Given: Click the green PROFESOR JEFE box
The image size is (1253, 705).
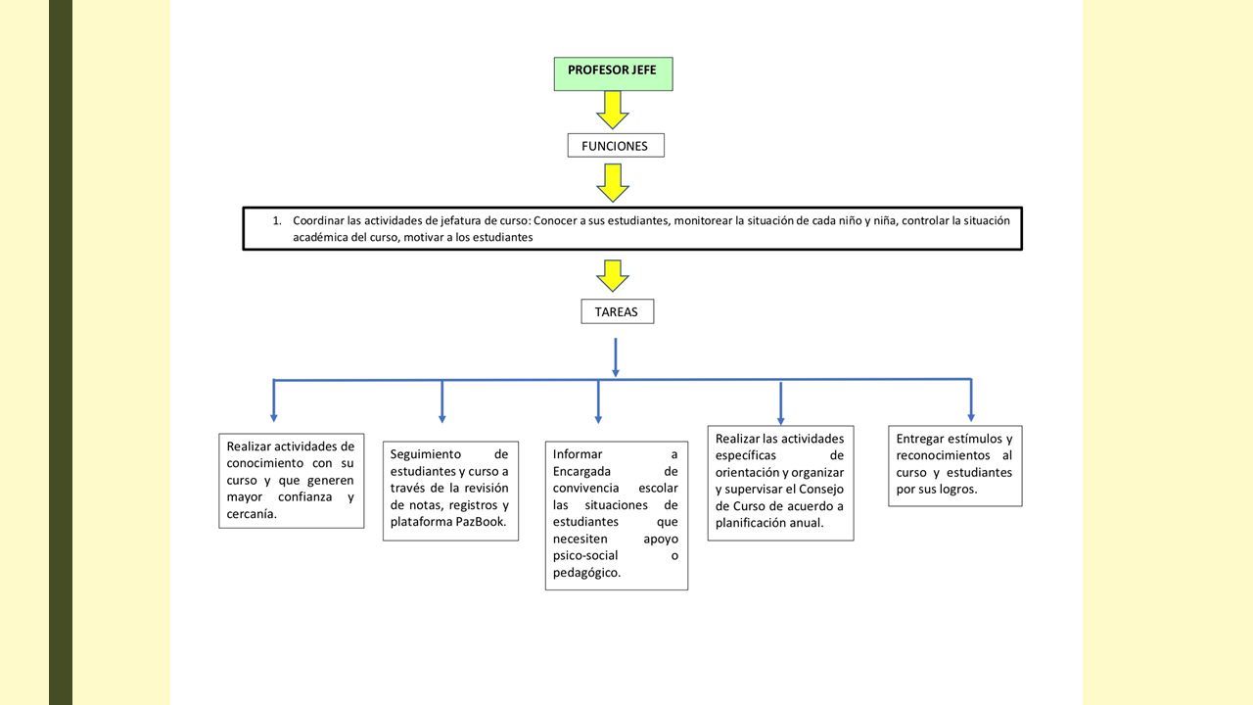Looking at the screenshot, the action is (x=613, y=73).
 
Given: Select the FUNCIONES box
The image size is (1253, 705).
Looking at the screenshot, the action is (x=616, y=146).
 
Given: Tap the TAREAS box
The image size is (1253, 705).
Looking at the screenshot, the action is (x=618, y=311).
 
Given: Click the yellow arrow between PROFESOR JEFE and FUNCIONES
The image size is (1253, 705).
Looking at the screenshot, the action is (x=613, y=111).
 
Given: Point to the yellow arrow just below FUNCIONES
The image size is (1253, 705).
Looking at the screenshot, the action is (x=613, y=183).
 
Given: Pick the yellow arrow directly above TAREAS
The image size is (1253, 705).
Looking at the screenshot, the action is (x=613, y=276).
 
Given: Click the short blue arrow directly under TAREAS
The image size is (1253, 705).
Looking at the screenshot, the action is (x=616, y=357).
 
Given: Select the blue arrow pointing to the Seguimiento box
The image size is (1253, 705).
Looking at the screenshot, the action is (x=441, y=401).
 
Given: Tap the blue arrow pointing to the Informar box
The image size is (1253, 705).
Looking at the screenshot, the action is (x=598, y=401).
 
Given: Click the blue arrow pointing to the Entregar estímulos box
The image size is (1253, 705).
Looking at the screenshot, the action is (x=971, y=400).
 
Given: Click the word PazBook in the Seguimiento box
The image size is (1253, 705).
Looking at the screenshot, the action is (x=481, y=522).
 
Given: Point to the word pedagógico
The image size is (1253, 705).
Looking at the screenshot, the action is (x=586, y=573).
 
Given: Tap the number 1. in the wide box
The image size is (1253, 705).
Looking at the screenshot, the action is (x=277, y=220).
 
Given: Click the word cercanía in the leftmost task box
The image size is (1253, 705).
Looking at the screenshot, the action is (x=252, y=514).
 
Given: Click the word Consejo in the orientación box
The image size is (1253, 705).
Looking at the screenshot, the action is (x=821, y=489).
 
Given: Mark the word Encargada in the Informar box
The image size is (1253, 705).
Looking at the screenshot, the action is (x=581, y=472).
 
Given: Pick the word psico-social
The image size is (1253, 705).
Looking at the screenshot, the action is (x=585, y=555).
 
